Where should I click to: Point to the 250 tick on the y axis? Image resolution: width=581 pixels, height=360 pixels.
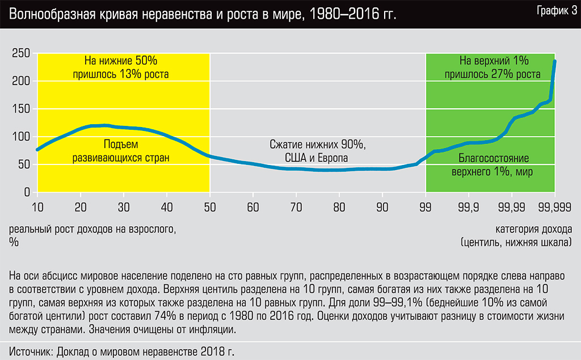pyautogui.click(x=20, y=53)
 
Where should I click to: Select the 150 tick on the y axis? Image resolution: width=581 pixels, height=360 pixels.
pyautogui.click(x=20, y=109)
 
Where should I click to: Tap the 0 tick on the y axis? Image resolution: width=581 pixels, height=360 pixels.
pyautogui.click(x=26, y=193)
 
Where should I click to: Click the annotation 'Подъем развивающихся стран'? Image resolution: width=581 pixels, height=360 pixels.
pyautogui.click(x=121, y=151)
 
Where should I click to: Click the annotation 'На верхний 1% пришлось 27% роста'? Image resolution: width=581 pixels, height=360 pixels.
pyautogui.click(x=492, y=67)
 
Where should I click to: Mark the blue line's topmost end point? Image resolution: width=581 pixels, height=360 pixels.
pyautogui.click(x=554, y=61)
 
